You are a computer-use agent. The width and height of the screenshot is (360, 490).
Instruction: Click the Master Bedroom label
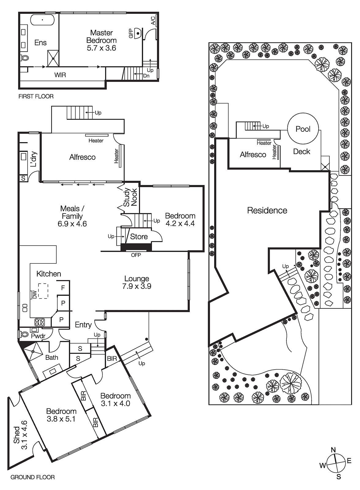click(x=101, y=36)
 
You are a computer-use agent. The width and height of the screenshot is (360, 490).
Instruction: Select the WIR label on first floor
click(x=60, y=75)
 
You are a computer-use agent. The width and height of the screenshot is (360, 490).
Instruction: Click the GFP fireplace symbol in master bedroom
click(x=138, y=33)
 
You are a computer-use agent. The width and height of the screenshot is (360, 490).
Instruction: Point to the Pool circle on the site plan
click(x=303, y=129)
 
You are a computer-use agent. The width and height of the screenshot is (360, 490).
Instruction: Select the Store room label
click(x=139, y=236)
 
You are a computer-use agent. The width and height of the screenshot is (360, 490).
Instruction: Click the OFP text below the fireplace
click(x=136, y=255)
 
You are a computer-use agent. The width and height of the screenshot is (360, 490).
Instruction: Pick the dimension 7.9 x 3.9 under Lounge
click(x=137, y=287)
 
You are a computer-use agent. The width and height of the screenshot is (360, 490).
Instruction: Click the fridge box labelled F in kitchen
click(x=63, y=288)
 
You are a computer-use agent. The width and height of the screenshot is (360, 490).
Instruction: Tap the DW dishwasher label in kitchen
click(x=35, y=294)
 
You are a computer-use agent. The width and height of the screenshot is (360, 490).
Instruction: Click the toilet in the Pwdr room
click(x=24, y=333)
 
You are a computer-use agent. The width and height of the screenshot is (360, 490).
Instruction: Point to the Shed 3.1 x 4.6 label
click(x=20, y=435)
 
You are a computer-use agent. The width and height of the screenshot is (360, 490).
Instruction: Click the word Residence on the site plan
click(x=267, y=210)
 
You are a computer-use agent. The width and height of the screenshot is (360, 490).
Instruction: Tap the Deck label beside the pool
click(x=301, y=152)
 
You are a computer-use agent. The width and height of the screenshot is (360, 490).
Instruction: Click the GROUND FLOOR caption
click(x=32, y=477)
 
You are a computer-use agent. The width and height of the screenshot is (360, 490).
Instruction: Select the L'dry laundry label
click(x=33, y=159)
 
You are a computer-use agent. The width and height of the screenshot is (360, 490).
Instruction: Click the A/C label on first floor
click(x=153, y=20)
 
